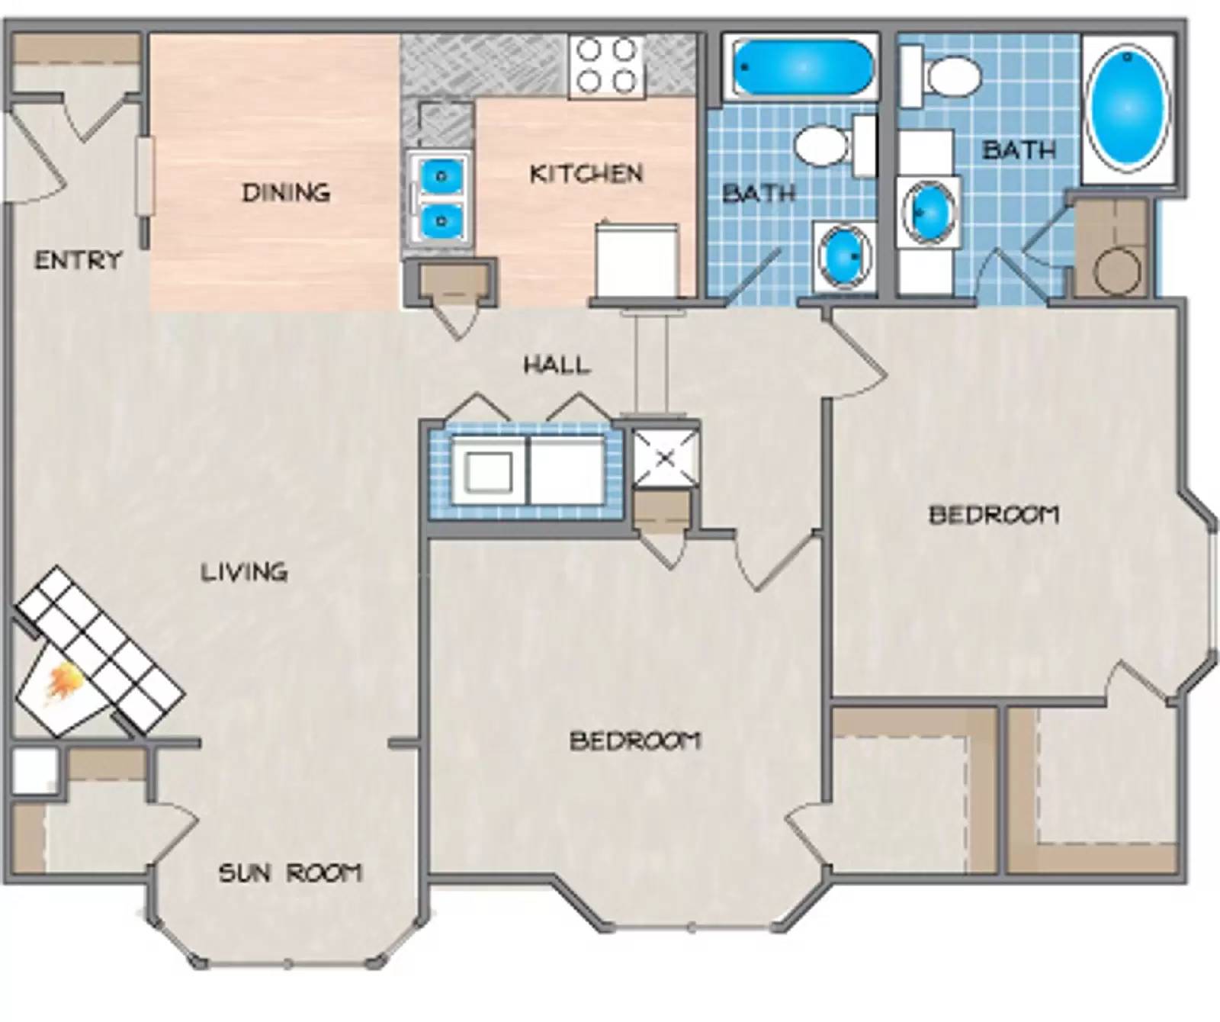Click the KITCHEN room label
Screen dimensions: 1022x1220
click(586, 174)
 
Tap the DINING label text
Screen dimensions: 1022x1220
click(286, 192)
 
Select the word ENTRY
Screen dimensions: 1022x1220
click(78, 260)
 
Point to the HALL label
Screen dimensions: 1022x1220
click(557, 365)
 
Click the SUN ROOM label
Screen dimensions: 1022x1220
click(290, 872)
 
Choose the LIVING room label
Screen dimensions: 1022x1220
click(244, 571)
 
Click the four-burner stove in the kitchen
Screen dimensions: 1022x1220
click(607, 66)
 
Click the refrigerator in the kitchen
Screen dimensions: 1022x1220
click(637, 259)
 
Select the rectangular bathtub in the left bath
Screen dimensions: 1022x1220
click(801, 69)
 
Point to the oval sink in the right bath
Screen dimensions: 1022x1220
click(927, 211)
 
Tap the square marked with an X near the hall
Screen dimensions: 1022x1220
click(665, 458)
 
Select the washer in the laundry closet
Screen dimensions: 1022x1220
click(488, 471)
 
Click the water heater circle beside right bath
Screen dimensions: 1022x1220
click(1118, 269)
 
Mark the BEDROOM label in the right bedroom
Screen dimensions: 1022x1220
click(994, 515)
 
